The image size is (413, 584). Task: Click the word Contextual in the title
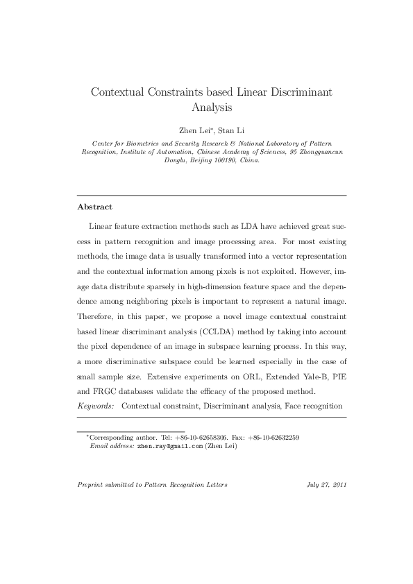tap(116, 92)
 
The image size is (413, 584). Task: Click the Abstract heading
tap(95, 207)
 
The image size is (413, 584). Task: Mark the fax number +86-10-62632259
tap(273, 438)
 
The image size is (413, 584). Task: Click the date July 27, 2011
tap(326, 484)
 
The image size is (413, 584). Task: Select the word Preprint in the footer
tap(91, 484)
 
